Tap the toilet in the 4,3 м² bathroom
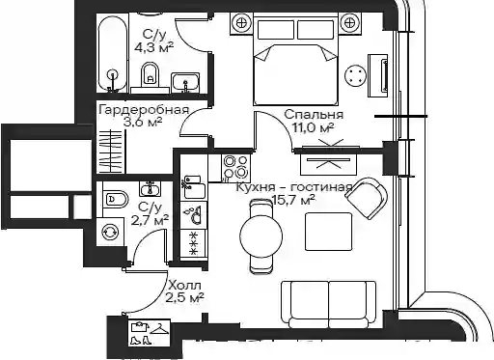150,73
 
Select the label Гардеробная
144,110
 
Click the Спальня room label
314,115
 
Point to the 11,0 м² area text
313,127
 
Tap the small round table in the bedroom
355,76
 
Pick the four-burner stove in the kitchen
235,167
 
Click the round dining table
261,235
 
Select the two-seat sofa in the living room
328,304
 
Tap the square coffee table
328,232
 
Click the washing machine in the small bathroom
110,232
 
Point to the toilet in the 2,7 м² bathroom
116,199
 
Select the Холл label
185,286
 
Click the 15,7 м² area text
293,201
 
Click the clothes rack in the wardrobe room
110,152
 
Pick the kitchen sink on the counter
194,187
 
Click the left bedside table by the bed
240,23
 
